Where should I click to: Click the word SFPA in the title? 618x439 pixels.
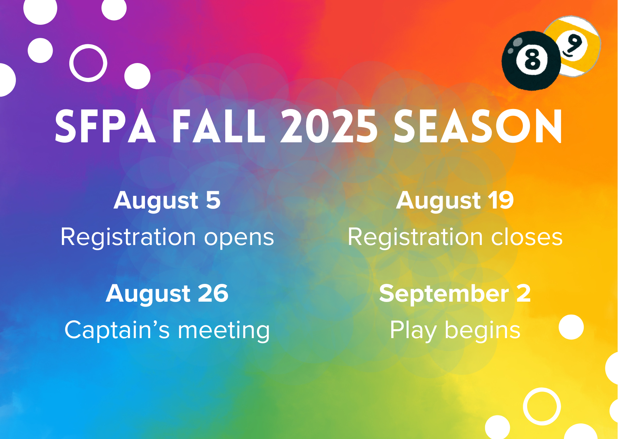pos(105,126)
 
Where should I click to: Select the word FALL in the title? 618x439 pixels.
pos(218,126)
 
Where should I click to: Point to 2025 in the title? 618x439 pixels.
pos(329,126)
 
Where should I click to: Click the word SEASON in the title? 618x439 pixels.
pos(478,126)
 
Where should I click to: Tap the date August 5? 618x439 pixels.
pos(167,201)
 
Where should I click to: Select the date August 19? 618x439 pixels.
pos(455,201)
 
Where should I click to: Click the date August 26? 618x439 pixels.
pos(167,294)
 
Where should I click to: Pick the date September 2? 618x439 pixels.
pos(455,294)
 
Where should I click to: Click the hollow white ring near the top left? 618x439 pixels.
pos(88,45)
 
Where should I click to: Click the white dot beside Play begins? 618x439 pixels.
pos(571,327)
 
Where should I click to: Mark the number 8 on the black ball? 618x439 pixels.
pos(532,59)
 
